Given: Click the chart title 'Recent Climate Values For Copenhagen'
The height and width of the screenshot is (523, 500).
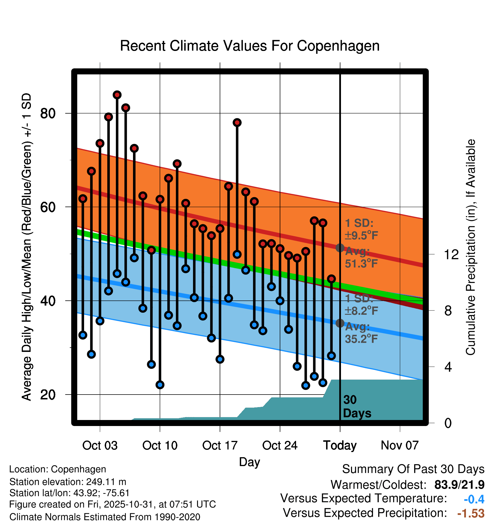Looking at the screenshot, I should (x=250, y=46).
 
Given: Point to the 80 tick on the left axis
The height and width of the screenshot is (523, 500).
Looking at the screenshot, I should (x=48, y=113).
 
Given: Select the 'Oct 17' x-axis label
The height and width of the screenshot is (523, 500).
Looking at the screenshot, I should (x=220, y=445).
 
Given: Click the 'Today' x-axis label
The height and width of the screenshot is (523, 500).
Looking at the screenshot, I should (x=340, y=445).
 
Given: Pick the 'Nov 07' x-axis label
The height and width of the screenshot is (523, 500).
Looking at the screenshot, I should (x=400, y=445).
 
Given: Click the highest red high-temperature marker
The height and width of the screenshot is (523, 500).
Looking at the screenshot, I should (x=117, y=95).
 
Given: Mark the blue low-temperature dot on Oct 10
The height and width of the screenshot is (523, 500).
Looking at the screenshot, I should (x=160, y=385).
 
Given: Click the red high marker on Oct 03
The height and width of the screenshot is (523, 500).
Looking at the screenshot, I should (x=100, y=143).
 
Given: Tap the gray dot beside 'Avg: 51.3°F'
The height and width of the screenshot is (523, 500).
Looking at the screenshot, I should (x=340, y=248).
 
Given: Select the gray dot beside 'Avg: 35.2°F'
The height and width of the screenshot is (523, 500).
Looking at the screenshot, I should (x=340, y=323).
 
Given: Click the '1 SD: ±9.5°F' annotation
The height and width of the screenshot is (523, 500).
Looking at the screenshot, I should (x=361, y=229).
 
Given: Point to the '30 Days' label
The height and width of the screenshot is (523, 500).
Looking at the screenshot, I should (x=357, y=407).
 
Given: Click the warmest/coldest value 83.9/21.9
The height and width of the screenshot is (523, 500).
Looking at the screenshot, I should (x=459, y=485).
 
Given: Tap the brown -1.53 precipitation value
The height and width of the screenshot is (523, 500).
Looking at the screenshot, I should (x=471, y=513).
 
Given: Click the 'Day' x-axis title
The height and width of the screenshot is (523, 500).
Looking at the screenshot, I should (x=249, y=462).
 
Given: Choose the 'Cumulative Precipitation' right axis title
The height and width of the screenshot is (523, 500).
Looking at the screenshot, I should (x=470, y=247).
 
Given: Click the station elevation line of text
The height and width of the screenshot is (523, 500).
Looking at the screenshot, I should (x=68, y=482).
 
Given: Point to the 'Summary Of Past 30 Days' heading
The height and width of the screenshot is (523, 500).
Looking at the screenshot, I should (x=413, y=469).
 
